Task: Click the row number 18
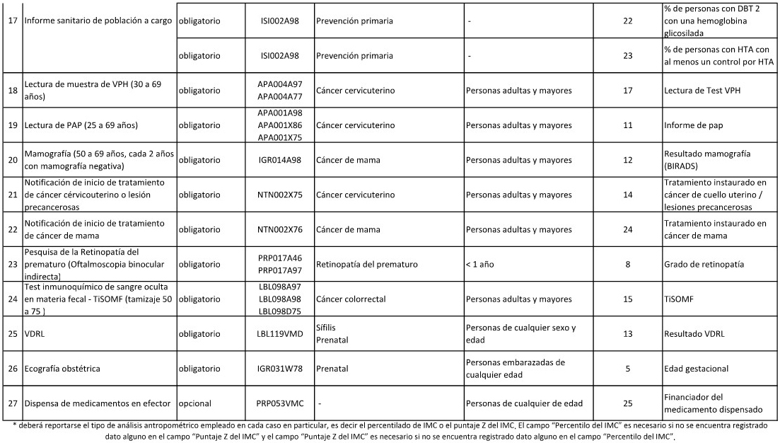(12, 90)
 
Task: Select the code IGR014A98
(280, 160)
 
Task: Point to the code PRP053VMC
(280, 403)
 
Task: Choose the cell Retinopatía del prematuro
(367, 265)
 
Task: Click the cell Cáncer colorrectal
(351, 299)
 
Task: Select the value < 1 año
(483, 265)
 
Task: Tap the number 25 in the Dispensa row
(628, 403)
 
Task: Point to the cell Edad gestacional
(696, 369)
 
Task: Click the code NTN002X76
(280, 229)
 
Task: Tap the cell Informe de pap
(694, 125)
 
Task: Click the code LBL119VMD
(280, 334)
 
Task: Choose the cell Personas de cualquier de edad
(524, 403)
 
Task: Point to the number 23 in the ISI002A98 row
(628, 55)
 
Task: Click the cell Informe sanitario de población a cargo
(98, 21)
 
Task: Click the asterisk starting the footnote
(15, 425)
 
